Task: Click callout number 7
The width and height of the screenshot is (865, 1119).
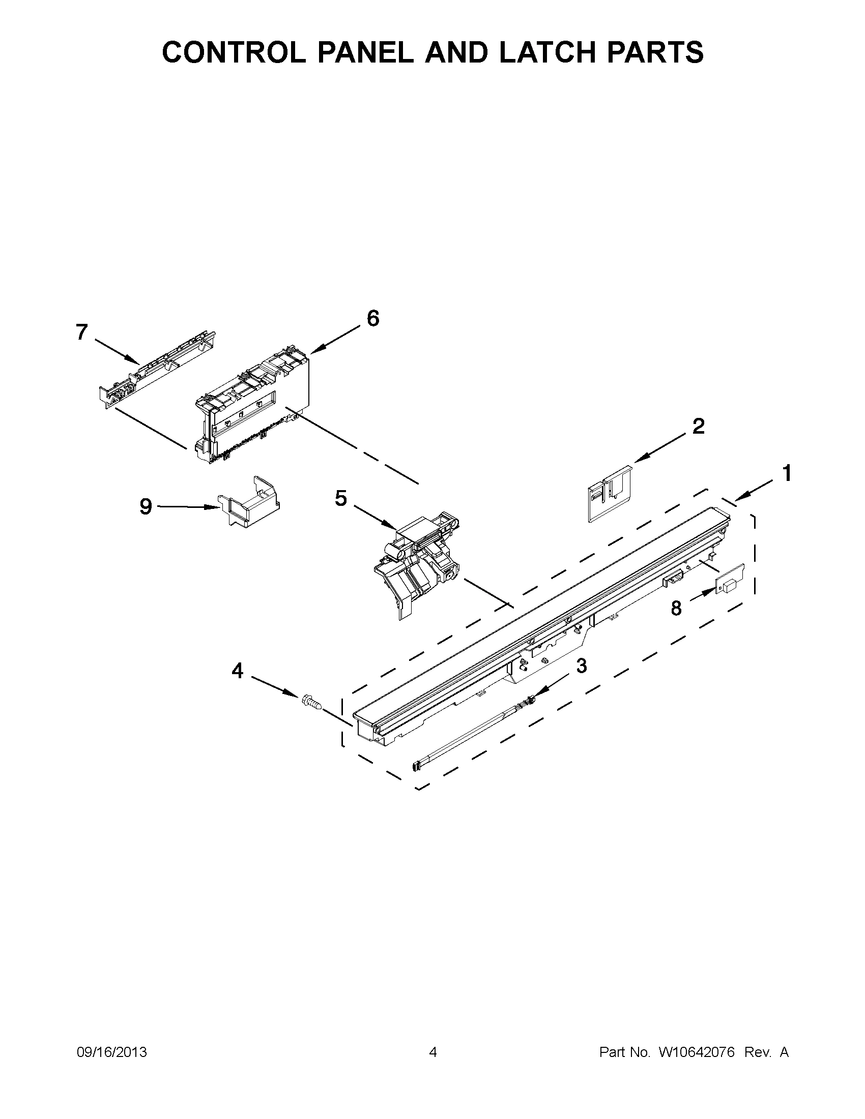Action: pyautogui.click(x=82, y=332)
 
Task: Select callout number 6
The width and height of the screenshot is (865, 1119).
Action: pyautogui.click(x=373, y=318)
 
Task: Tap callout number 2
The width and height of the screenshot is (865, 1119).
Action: pyautogui.click(x=698, y=426)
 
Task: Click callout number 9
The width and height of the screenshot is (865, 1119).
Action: pyautogui.click(x=146, y=507)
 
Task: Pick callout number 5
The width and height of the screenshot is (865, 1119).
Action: pyautogui.click(x=341, y=498)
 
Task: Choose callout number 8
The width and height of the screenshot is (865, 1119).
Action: pyautogui.click(x=676, y=608)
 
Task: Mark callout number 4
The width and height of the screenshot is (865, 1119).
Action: pyautogui.click(x=237, y=670)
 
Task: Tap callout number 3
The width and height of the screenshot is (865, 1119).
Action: pyautogui.click(x=581, y=665)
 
